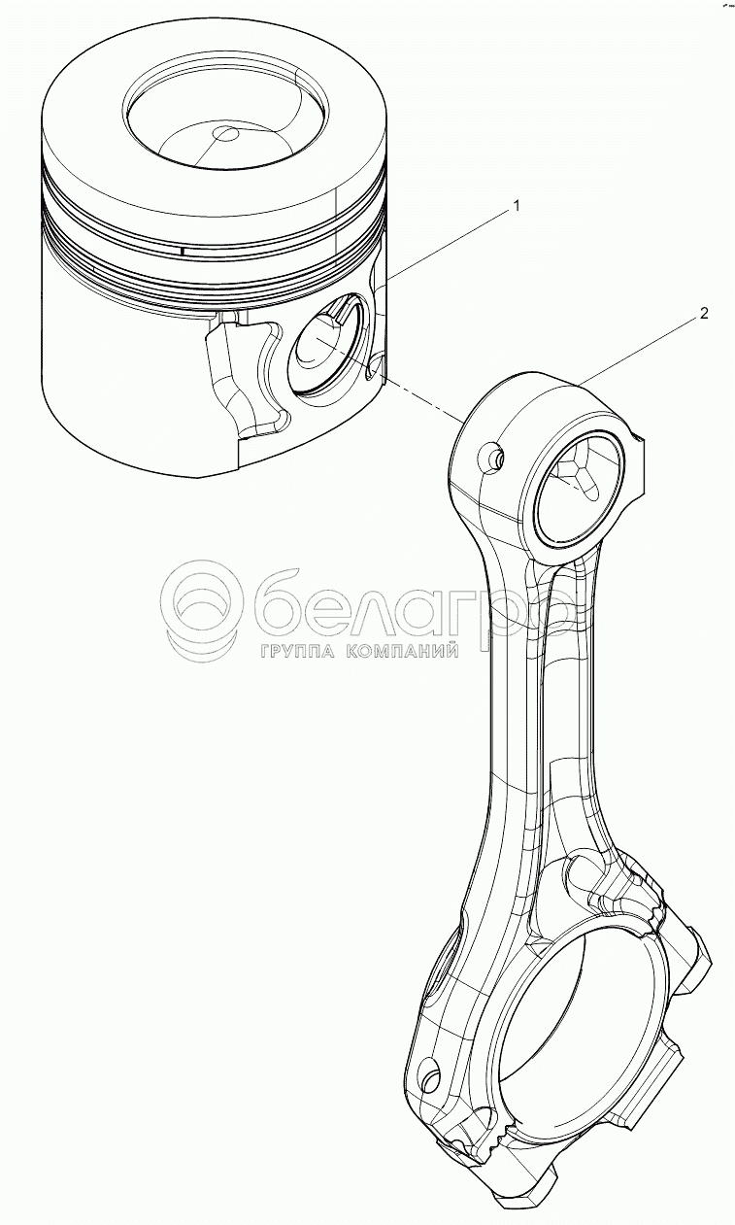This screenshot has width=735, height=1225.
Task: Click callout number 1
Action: pyautogui.click(x=517, y=205)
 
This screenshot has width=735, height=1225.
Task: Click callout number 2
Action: pyautogui.click(x=704, y=313)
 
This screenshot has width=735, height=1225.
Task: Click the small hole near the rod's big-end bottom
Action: pyautogui.click(x=431, y=1076)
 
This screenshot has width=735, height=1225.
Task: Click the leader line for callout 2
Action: pyautogui.click(x=641, y=347)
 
